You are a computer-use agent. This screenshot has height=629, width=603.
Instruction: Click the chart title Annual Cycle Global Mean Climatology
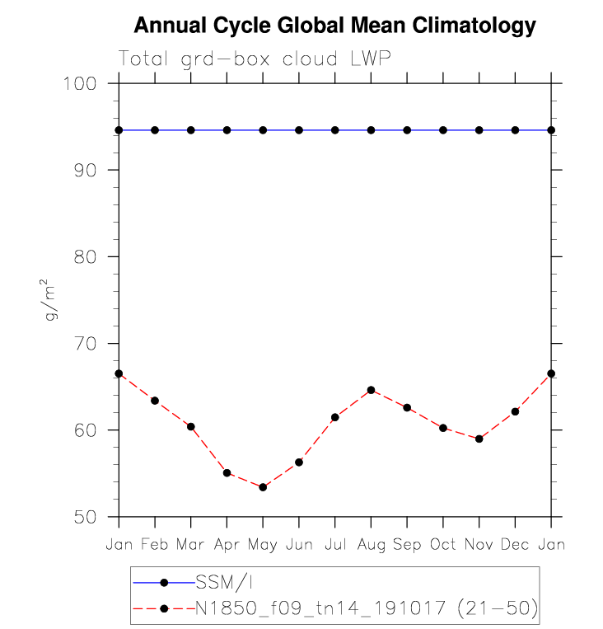(334, 26)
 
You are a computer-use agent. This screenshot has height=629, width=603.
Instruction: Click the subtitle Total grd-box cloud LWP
(254, 59)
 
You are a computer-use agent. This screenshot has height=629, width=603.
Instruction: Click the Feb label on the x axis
(155, 545)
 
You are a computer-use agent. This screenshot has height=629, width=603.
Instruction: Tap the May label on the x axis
(263, 546)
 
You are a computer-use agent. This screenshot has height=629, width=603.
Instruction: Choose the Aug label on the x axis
(371, 546)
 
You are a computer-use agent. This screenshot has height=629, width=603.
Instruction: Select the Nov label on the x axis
(479, 545)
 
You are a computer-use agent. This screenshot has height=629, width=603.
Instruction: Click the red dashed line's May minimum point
(263, 487)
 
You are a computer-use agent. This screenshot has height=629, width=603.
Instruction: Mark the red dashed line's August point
(371, 390)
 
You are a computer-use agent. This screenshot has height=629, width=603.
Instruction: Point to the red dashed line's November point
(479, 439)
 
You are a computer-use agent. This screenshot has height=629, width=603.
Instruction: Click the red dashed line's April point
(227, 473)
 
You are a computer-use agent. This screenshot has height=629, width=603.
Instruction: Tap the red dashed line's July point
(334, 417)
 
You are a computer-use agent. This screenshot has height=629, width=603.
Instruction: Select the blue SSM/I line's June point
(299, 130)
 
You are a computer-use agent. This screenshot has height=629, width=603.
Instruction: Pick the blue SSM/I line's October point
(443, 130)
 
